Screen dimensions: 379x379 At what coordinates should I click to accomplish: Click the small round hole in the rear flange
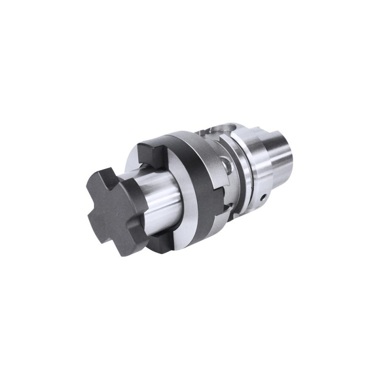(x=261, y=195)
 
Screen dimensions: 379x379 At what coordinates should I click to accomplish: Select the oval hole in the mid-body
(x=229, y=167)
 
